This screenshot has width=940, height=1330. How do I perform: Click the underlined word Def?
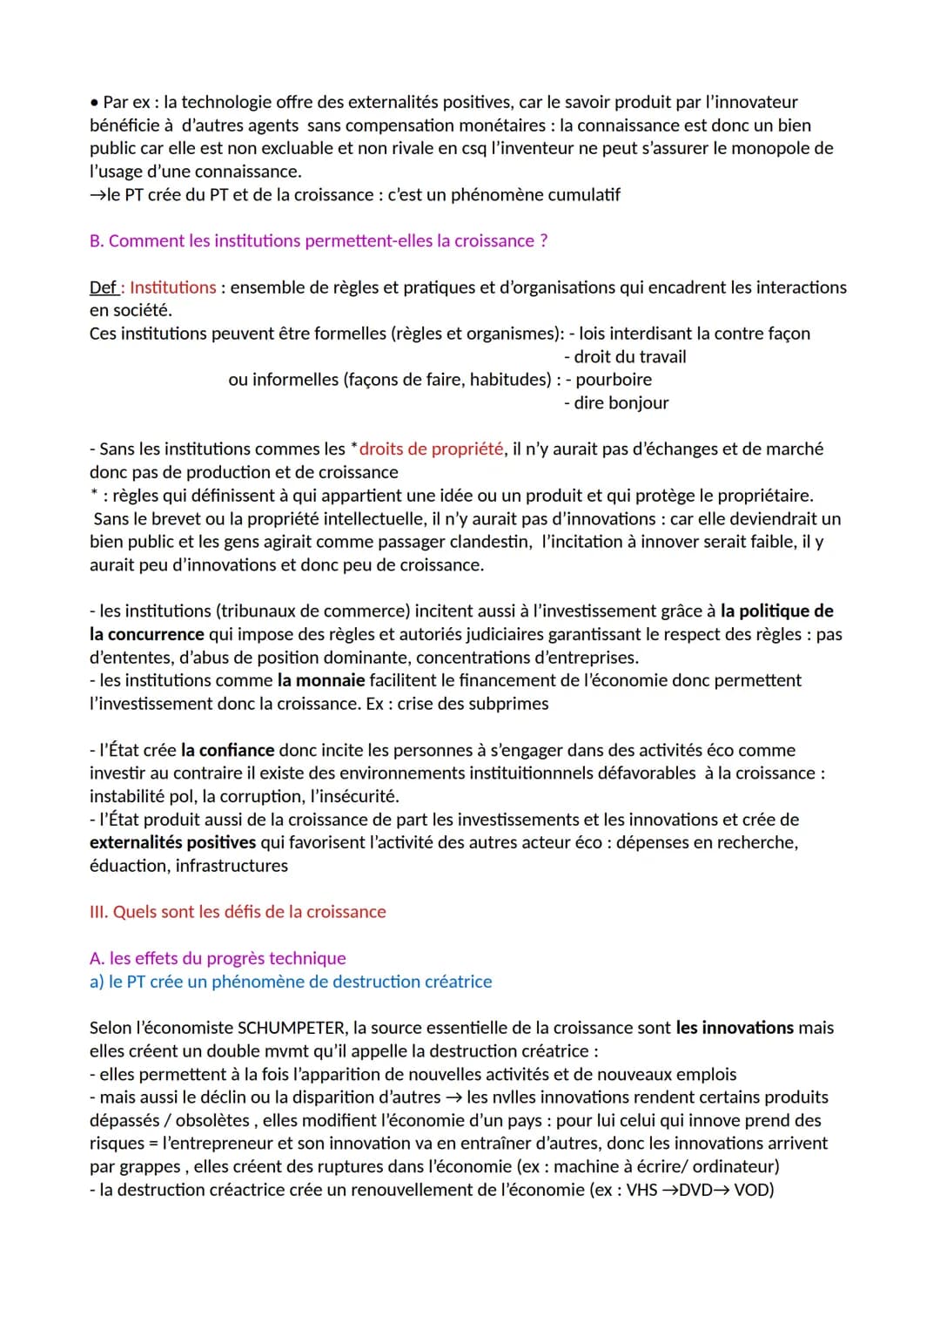[x=103, y=287]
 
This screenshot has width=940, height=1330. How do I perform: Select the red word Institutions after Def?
[x=172, y=287]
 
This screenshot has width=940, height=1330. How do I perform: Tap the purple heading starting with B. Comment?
[x=319, y=241]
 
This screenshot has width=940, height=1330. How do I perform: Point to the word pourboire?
[x=614, y=380]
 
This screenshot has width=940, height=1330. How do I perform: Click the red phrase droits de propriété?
[x=431, y=449]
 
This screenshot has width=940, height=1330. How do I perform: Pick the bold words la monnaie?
[x=321, y=680]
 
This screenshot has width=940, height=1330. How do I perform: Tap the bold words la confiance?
[x=228, y=750]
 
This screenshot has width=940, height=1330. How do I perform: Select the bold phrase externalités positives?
[x=172, y=842]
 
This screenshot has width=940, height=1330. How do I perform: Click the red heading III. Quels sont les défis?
[x=238, y=912]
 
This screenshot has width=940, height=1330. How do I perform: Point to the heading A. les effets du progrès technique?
[x=218, y=958]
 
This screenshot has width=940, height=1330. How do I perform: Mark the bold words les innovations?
[x=735, y=1028]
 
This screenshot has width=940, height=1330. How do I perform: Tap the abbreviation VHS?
[x=641, y=1190]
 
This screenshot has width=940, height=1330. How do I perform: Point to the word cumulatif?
[x=584, y=195]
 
